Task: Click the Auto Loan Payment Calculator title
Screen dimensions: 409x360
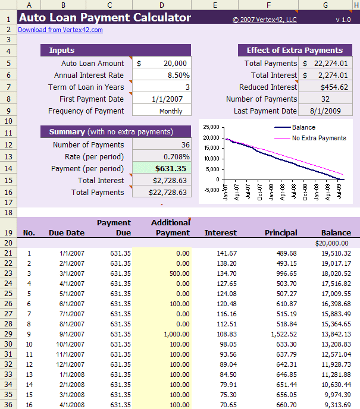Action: pos(105,18)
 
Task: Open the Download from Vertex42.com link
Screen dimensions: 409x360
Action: pos(60,30)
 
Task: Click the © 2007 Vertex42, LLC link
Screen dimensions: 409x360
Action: pos(264,20)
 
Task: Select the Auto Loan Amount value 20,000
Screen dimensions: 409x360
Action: pos(161,63)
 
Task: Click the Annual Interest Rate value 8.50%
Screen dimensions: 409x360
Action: pos(161,75)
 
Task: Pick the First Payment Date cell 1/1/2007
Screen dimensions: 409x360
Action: pos(161,99)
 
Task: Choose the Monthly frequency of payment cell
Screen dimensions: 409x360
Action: pos(161,111)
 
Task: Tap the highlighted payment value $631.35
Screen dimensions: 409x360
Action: pos(161,168)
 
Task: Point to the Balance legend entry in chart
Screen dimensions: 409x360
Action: pos(303,127)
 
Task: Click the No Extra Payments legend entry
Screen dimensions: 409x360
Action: pos(318,138)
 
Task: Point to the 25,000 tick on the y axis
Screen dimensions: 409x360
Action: pos(211,127)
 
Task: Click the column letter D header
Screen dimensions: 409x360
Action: pos(161,5)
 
